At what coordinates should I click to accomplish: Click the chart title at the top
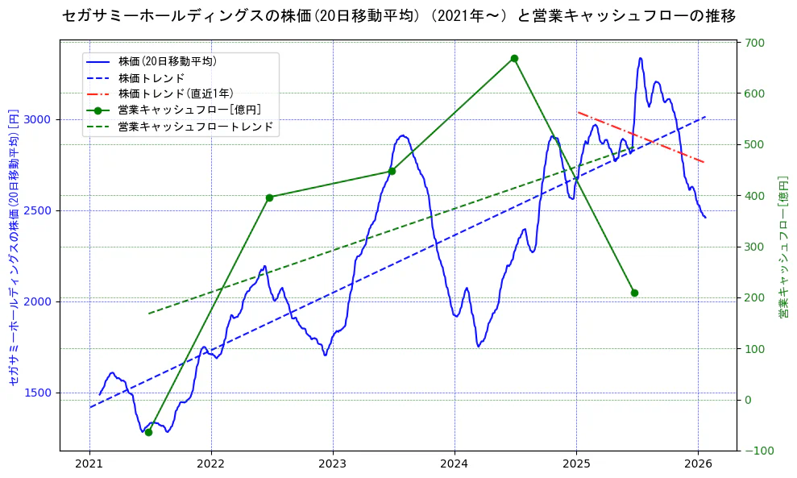point(398,16)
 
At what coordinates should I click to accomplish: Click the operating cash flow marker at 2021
point(148,432)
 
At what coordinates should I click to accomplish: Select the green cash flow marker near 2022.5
point(270,197)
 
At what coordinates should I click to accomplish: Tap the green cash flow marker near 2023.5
point(392,171)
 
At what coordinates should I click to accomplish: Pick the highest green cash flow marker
point(514,58)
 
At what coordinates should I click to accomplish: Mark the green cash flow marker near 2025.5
point(634,293)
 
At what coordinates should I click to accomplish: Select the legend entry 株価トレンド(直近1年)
point(186,94)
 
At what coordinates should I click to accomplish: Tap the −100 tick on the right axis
point(757,451)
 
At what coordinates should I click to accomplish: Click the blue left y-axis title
point(14,246)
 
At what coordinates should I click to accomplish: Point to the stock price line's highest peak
point(641,58)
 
